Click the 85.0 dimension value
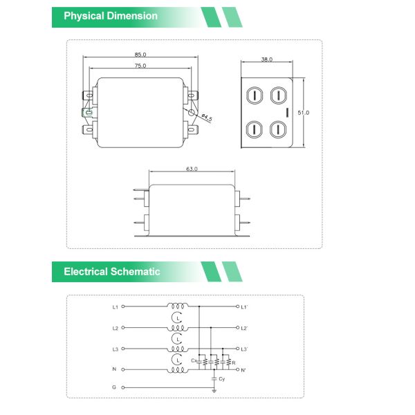(140, 54)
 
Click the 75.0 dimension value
(140, 66)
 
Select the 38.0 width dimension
(267, 59)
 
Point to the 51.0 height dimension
(303, 112)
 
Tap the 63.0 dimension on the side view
(192, 169)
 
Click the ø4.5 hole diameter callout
(205, 119)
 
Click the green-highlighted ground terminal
(88, 112)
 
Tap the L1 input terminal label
(115, 306)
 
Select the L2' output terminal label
(244, 328)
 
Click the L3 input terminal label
(115, 349)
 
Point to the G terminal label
(115, 389)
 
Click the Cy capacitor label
(221, 379)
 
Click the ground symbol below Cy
(214, 391)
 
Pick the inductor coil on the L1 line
(178, 306)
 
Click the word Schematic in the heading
(135, 272)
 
